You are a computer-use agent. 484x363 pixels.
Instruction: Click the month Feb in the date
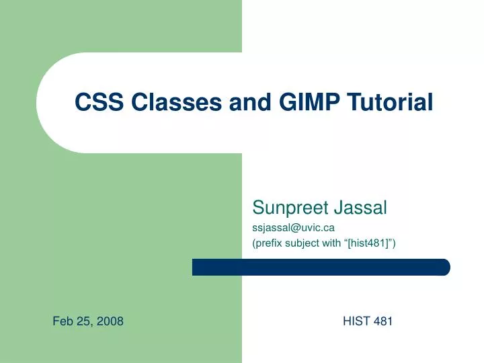point(63,321)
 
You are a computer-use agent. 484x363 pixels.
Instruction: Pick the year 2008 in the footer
point(110,321)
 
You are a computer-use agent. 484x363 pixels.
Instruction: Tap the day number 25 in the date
point(85,321)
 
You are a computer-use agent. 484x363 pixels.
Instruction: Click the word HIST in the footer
point(356,321)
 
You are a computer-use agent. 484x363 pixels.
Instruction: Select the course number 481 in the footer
point(383,321)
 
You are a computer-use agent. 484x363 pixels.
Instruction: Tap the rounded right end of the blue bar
point(444,267)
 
